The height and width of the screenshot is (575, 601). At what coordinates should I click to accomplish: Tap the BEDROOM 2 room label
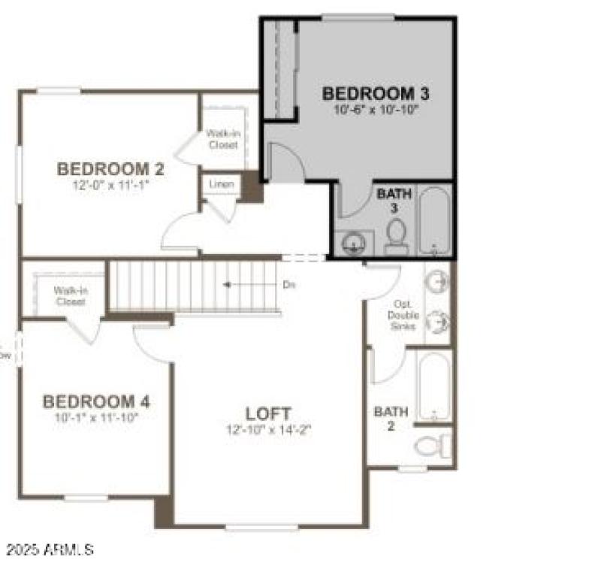click(110, 168)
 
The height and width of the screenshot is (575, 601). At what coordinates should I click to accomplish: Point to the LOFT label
click(268, 413)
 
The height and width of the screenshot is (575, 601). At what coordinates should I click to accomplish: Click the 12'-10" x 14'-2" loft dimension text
click(268, 430)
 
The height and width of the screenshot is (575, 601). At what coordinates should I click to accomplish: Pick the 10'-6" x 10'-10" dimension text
click(376, 110)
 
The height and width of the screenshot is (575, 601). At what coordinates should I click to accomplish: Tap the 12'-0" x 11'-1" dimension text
click(110, 183)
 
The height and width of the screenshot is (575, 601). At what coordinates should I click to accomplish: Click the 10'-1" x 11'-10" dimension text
click(95, 416)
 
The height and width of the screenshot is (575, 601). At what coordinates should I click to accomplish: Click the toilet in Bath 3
click(396, 237)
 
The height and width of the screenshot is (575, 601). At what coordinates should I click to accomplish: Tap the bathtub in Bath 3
click(434, 220)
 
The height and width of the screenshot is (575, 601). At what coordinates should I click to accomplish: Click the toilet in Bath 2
click(431, 446)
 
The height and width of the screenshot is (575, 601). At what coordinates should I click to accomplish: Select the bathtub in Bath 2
click(434, 386)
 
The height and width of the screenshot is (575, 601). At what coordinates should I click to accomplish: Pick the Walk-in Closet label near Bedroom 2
click(223, 139)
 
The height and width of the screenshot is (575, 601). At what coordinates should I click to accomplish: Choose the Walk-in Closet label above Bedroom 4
click(69, 295)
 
